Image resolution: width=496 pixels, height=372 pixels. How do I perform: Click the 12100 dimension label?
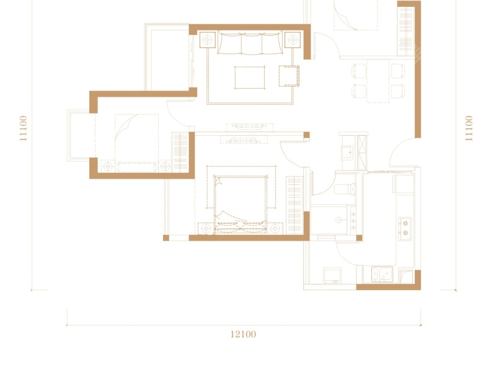pos(243,334)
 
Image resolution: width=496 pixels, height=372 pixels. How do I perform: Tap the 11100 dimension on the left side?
pos(24,128)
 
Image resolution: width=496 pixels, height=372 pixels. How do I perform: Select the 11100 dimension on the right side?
pos(469,128)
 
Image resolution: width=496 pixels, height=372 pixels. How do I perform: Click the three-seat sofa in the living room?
pos(250,43)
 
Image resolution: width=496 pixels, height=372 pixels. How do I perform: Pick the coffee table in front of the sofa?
pos(250,77)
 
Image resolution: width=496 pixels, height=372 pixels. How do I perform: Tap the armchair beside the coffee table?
pos(289,76)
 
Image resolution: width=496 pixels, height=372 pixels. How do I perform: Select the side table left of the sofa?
pos(208,40)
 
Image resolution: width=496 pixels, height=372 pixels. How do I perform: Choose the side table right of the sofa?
pos(293,40)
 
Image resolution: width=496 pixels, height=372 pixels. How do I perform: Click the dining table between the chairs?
pos(378,81)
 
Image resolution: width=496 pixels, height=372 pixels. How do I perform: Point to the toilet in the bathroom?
pos(345,189)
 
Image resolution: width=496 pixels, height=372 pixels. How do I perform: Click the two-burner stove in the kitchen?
pos(405,228)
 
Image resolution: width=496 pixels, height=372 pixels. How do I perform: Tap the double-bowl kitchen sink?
pos(382,274)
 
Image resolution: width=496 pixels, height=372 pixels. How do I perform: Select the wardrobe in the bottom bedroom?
pos(294,205)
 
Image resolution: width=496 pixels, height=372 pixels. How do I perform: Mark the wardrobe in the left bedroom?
pos(180,152)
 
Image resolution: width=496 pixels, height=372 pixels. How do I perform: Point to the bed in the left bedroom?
pos(136,143)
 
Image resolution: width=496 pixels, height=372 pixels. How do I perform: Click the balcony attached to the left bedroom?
pos(81,135)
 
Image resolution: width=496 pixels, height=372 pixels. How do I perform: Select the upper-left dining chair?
pos(359,71)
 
